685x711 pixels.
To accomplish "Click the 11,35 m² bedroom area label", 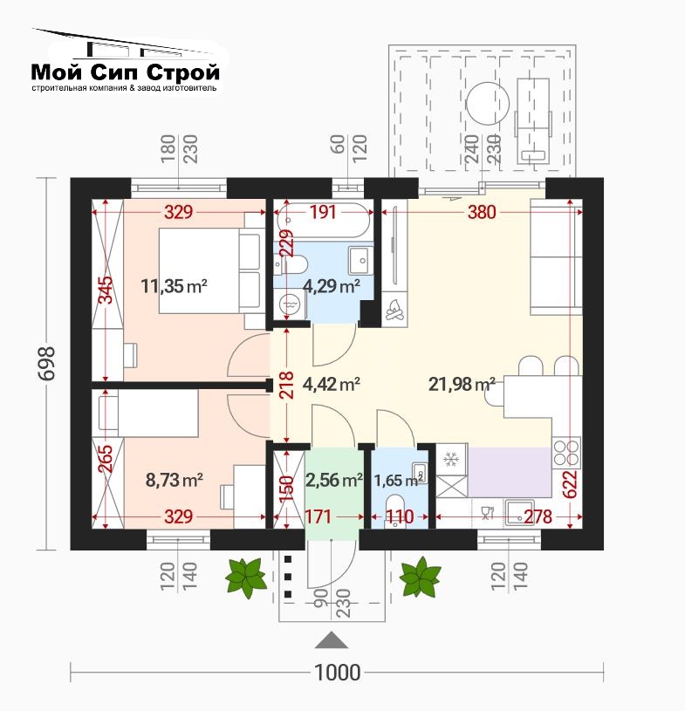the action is pyautogui.click(x=175, y=286).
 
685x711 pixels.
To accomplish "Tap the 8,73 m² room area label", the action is pyautogui.click(x=175, y=480).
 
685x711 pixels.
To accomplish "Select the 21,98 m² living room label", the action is pyautogui.click(x=462, y=384).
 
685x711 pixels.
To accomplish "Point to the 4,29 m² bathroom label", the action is pyautogui.click(x=332, y=286).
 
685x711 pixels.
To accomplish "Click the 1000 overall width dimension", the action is pyautogui.click(x=338, y=672).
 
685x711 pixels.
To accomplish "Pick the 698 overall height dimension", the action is pyautogui.click(x=46, y=364).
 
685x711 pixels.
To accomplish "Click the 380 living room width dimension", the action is pyautogui.click(x=482, y=212).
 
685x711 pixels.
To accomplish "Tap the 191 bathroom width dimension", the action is pyautogui.click(x=323, y=212).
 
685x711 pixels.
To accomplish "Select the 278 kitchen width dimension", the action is pyautogui.click(x=538, y=516).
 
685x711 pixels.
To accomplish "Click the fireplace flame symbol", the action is pyautogui.click(x=394, y=311).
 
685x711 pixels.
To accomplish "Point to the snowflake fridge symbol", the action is pyautogui.click(x=451, y=460).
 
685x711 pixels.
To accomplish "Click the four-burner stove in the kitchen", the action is pyautogui.click(x=566, y=452).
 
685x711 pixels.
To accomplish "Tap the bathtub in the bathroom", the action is pyautogui.click(x=323, y=221).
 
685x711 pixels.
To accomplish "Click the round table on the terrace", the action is pyautogui.click(x=488, y=104).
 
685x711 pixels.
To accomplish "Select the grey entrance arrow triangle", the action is pyautogui.click(x=332, y=639).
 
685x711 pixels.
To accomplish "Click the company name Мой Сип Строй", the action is pyautogui.click(x=125, y=72).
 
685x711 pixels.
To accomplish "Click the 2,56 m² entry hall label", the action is pyautogui.click(x=334, y=480).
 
